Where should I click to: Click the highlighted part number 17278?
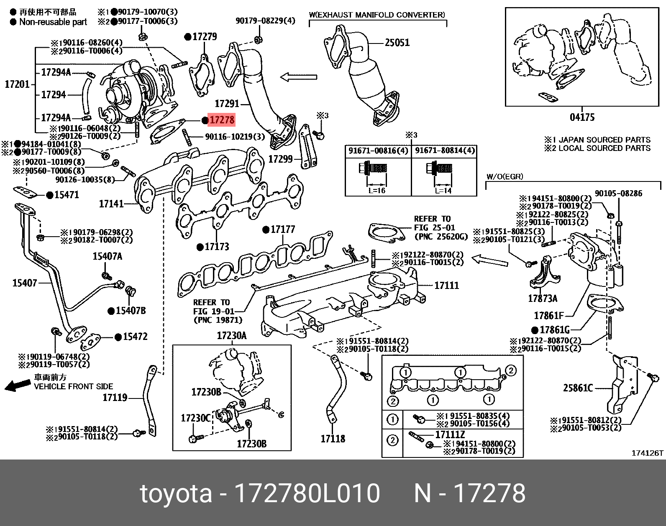222,120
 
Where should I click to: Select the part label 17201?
17,84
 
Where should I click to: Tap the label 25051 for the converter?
397,43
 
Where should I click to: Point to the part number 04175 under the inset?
582,117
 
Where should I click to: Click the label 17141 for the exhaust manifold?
111,204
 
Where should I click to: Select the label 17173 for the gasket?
217,247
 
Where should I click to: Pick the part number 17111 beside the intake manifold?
446,286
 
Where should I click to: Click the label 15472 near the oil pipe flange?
135,337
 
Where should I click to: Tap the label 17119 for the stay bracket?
115,397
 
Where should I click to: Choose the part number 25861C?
578,388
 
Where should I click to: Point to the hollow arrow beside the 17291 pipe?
298,77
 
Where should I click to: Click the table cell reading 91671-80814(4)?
445,151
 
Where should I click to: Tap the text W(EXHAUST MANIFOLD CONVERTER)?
377,15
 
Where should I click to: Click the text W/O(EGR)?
505,176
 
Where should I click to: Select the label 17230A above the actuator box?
232,336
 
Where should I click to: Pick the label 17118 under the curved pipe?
333,439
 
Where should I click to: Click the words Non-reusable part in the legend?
53,22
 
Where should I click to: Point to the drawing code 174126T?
648,453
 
